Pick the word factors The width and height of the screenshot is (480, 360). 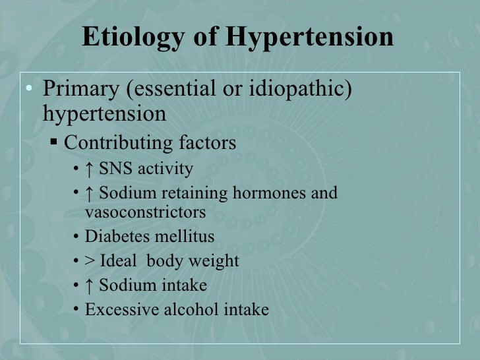click(x=205, y=142)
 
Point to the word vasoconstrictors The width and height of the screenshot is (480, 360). click(x=145, y=213)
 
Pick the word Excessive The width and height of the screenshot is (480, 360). click(x=119, y=309)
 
